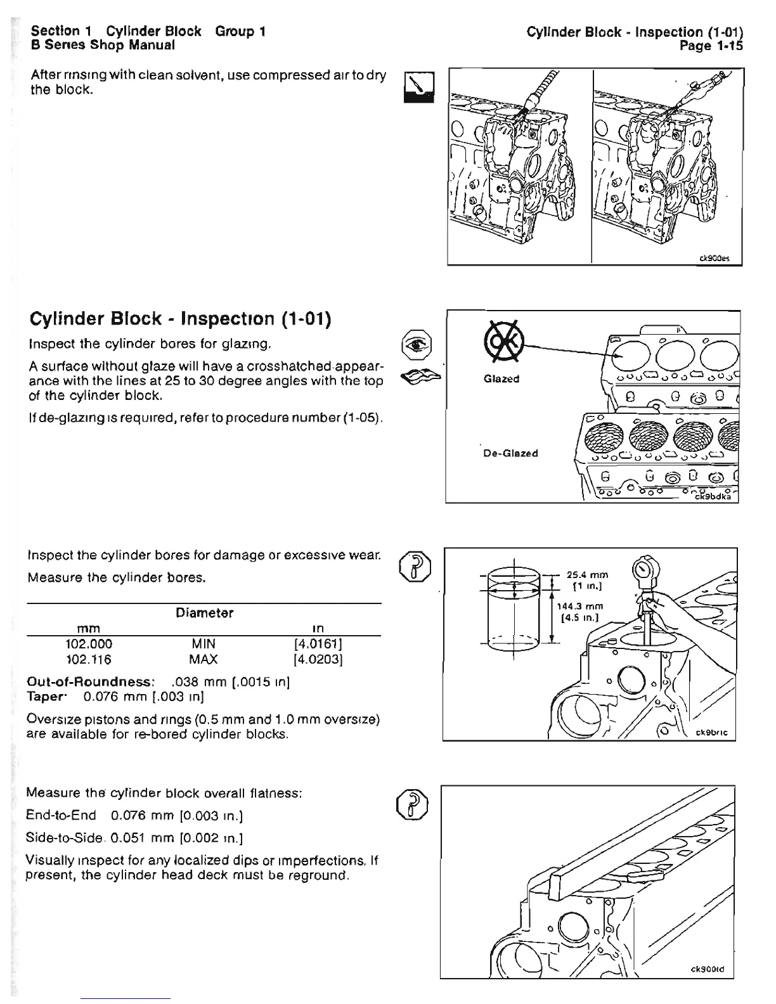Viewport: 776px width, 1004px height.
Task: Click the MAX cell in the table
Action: point(204,660)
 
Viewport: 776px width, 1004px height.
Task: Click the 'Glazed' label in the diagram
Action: point(501,379)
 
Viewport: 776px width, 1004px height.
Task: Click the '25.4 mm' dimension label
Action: point(587,576)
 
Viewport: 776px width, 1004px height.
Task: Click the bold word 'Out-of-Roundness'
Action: point(89,682)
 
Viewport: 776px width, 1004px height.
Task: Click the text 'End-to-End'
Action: point(61,815)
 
